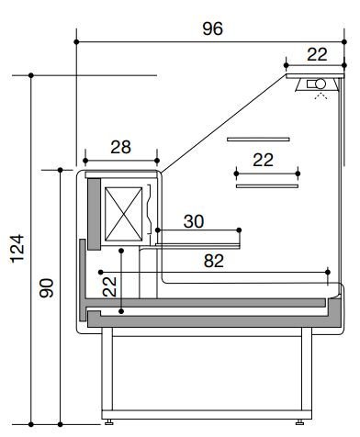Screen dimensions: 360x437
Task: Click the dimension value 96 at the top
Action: point(213,28)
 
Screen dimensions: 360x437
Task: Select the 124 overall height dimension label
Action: point(17,249)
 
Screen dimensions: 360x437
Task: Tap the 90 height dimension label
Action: point(47,288)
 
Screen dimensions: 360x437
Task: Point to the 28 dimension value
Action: point(121,147)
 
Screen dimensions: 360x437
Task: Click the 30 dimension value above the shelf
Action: point(194,221)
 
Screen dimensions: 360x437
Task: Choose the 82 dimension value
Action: point(214,261)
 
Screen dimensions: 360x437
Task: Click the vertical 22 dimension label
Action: point(109,286)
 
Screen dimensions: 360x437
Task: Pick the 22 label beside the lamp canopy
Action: point(318,54)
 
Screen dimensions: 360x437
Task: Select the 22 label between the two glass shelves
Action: point(264,160)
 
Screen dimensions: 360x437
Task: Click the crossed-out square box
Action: point(124,214)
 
